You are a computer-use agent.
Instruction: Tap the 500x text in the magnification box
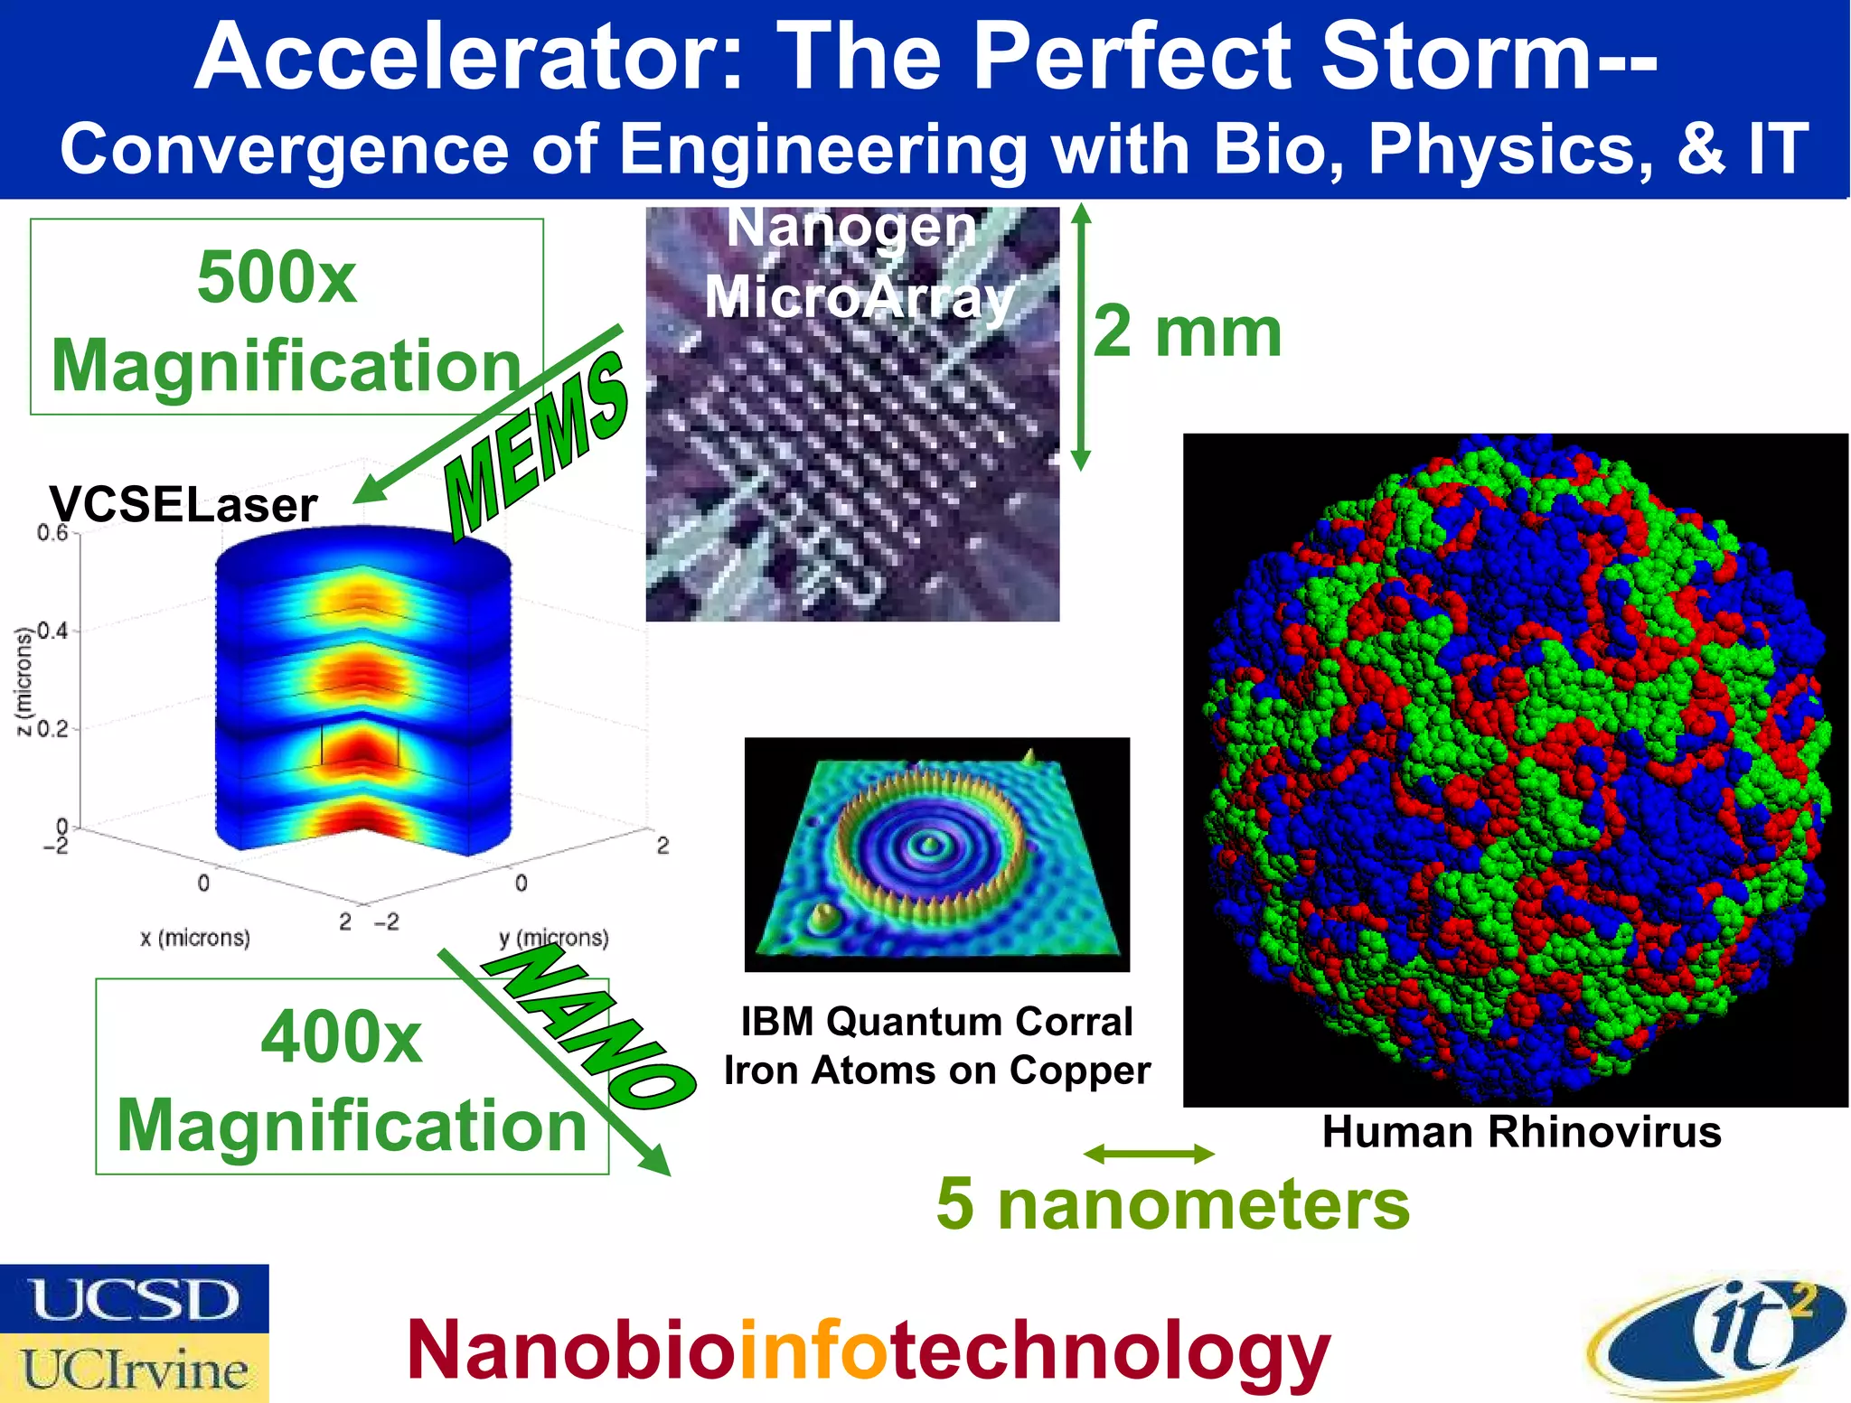coord(277,276)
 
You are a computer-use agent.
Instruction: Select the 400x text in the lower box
coord(341,1037)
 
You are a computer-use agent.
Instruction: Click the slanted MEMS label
coord(537,442)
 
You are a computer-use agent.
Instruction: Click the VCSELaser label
coord(183,504)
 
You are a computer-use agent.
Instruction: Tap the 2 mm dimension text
coord(1187,332)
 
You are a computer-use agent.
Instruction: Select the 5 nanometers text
coord(1172,1203)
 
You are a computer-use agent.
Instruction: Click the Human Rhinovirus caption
coord(1521,1132)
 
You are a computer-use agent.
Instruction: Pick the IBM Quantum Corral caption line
coord(936,1022)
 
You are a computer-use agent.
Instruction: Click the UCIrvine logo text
coord(135,1370)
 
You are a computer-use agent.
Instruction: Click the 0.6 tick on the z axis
coord(52,533)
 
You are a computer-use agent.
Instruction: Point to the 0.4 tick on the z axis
coord(52,631)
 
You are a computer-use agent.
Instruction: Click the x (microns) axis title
coord(195,938)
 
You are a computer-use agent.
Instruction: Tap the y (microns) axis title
coord(554,938)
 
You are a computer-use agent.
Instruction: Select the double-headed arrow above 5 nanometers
coord(1149,1154)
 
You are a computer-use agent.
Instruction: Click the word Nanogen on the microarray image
coord(851,228)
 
